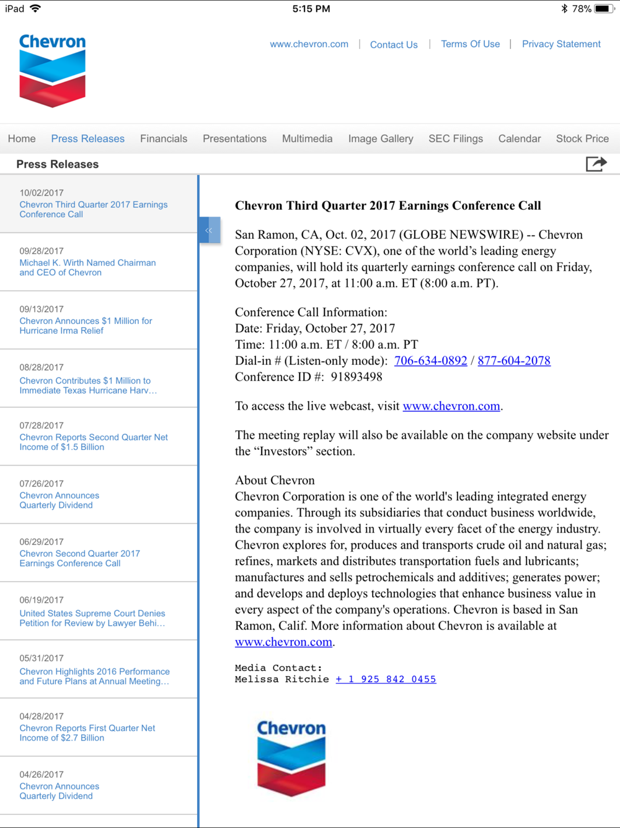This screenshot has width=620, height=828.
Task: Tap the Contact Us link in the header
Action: pyautogui.click(x=394, y=45)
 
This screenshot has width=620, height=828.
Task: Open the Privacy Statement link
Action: pyautogui.click(x=560, y=44)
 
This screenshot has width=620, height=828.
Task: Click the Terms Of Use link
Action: pyautogui.click(x=470, y=44)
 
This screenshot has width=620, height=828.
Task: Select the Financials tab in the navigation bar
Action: pyautogui.click(x=163, y=138)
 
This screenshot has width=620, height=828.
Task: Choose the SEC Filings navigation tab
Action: pyautogui.click(x=455, y=138)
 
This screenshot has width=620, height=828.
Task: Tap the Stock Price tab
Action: pyautogui.click(x=582, y=138)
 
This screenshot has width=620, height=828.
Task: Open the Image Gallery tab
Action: pyautogui.click(x=380, y=138)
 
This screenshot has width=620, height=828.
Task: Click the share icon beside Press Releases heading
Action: pyautogui.click(x=596, y=164)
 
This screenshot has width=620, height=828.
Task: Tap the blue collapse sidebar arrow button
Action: pyautogui.click(x=210, y=230)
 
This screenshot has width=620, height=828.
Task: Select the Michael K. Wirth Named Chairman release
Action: pyautogui.click(x=87, y=268)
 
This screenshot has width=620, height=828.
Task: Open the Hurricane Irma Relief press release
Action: pyautogui.click(x=86, y=326)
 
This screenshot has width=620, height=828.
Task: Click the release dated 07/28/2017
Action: pyautogui.click(x=93, y=442)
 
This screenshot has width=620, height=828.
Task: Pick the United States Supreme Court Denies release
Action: pyautogui.click(x=92, y=618)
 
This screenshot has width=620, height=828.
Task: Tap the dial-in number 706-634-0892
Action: pyautogui.click(x=430, y=361)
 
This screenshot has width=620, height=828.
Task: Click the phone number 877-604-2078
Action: pyautogui.click(x=513, y=361)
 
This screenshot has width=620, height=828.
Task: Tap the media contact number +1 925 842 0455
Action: pyautogui.click(x=386, y=679)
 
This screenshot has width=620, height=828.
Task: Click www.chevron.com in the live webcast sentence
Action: pyautogui.click(x=451, y=406)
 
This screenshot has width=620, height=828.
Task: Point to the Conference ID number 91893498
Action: pyautogui.click(x=356, y=377)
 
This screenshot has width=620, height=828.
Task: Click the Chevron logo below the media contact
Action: pyautogui.click(x=291, y=757)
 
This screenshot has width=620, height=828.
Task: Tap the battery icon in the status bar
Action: pyautogui.click(x=603, y=9)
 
